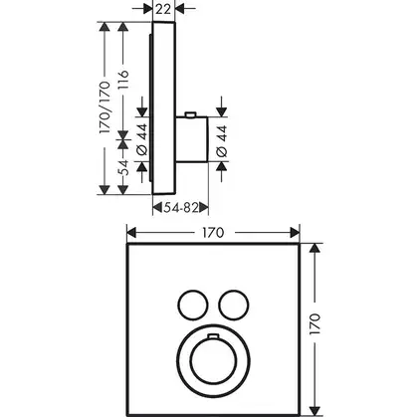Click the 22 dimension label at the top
tap(163, 9)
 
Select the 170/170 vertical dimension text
tap(104, 107)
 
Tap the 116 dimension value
tap(123, 80)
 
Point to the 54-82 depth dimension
tap(180, 208)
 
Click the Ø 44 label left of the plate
tap(142, 139)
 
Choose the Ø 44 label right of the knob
tap(222, 140)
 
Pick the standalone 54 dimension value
tap(123, 167)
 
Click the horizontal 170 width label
tap(213, 233)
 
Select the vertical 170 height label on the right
tap(314, 323)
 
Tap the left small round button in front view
tap(193, 305)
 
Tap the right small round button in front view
tap(234, 305)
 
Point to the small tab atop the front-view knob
tap(213, 337)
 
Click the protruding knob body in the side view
tap(191, 139)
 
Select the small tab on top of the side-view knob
tap(191, 114)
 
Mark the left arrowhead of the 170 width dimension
tap(131, 233)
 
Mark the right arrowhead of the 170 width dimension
tap(295, 233)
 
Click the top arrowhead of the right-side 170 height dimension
tap(314, 249)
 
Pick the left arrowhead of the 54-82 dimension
tap(157, 208)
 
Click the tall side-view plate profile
tap(163, 108)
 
